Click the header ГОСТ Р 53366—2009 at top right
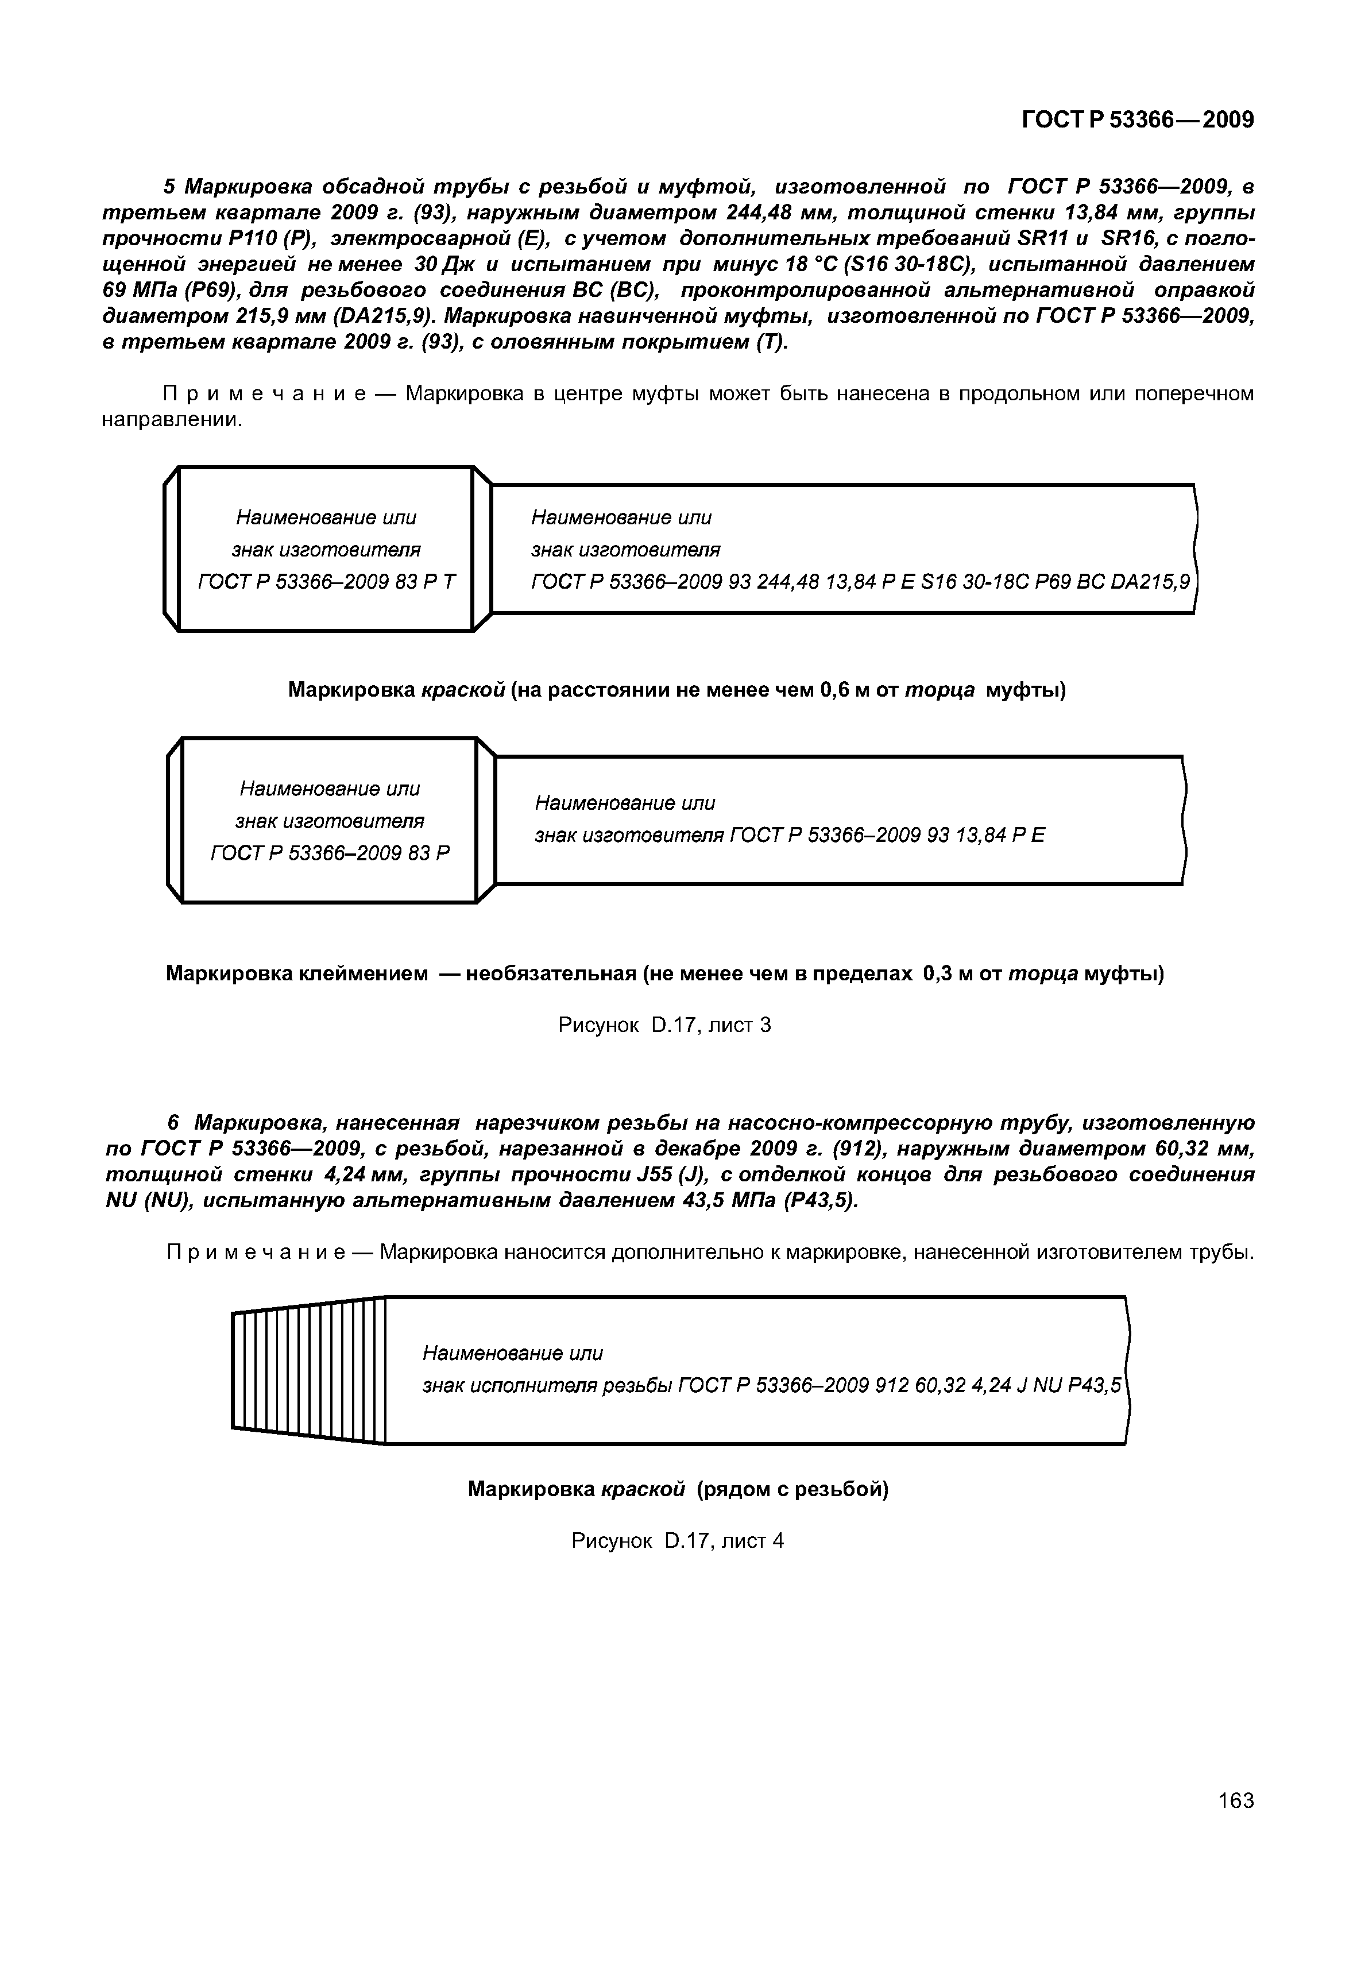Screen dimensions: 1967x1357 [x=1137, y=120]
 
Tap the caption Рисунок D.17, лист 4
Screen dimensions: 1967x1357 [x=677, y=1540]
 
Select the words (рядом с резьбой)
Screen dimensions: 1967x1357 [x=791, y=1489]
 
